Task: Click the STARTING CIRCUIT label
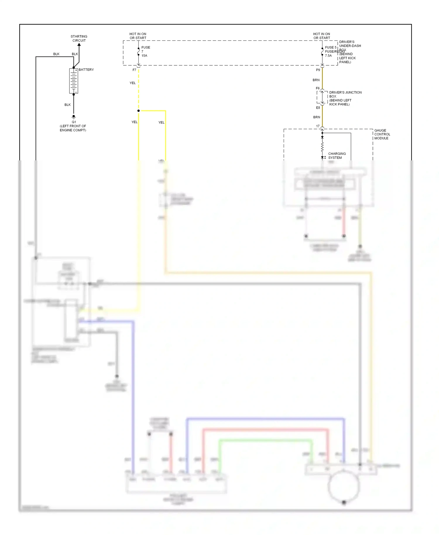(x=79, y=38)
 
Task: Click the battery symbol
(x=73, y=81)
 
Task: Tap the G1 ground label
(x=74, y=122)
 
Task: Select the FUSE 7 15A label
(x=145, y=51)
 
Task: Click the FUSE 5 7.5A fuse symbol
(x=322, y=52)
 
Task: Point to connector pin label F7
(x=134, y=70)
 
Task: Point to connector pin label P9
(x=318, y=70)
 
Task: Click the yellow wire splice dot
(x=138, y=111)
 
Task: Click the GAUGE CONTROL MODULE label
(x=382, y=134)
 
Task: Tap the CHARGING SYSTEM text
(x=337, y=155)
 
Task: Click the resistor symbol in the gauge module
(x=322, y=147)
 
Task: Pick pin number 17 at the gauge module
(x=318, y=126)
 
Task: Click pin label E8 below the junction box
(x=318, y=108)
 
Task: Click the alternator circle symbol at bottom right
(x=344, y=486)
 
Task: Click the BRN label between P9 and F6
(x=316, y=80)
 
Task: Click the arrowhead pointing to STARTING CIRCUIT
(x=79, y=45)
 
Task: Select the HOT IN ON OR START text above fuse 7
(x=138, y=36)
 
